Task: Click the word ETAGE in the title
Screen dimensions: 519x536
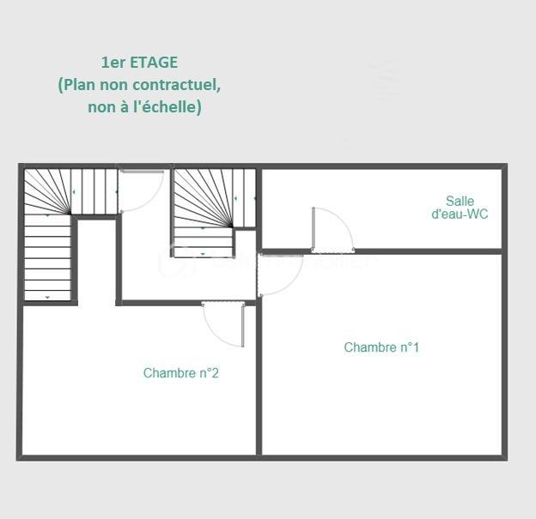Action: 155,63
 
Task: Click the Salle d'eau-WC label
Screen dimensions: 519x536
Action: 460,208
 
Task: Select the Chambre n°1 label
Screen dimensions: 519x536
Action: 381,347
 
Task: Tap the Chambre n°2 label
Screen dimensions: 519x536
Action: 180,373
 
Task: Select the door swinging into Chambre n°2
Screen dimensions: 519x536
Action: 242,324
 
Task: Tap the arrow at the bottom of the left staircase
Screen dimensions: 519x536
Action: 47,297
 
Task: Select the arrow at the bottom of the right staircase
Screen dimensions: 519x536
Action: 203,254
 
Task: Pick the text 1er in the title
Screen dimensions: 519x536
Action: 113,63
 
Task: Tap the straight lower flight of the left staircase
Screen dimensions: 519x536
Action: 47,257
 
